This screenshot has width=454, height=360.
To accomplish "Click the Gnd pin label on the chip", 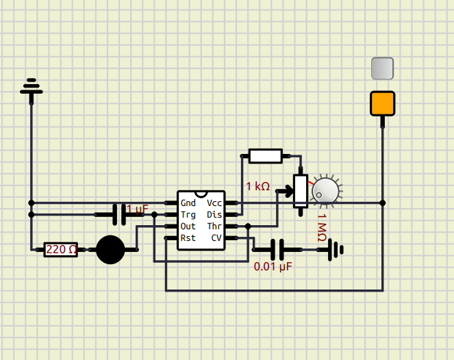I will pyautogui.click(x=188, y=203).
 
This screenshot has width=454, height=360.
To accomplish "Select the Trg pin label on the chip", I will pyautogui.click(x=188, y=215).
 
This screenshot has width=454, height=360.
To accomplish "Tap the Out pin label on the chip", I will pyautogui.click(x=188, y=227).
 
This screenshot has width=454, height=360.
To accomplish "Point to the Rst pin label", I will pyautogui.click(x=188, y=238).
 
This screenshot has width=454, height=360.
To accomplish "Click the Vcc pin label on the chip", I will pyautogui.click(x=214, y=203).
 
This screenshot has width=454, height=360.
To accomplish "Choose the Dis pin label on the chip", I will pyautogui.click(x=214, y=215).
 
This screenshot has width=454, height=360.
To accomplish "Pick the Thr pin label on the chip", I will pyautogui.click(x=214, y=227).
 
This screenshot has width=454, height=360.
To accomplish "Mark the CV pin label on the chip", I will pyautogui.click(x=216, y=238).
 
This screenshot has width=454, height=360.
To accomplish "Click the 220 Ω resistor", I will pyautogui.click(x=60, y=250).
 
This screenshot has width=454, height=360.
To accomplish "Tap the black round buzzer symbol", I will pyautogui.click(x=110, y=250).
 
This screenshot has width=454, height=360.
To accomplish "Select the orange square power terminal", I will pyautogui.click(x=382, y=103).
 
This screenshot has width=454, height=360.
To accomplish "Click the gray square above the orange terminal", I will pyautogui.click(x=382, y=68).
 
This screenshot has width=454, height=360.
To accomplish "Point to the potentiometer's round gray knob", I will pyautogui.click(x=325, y=191).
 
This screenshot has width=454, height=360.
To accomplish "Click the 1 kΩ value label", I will pyautogui.click(x=257, y=186).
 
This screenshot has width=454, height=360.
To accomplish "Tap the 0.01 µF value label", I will pyautogui.click(x=273, y=266).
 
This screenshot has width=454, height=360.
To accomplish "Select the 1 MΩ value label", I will pyautogui.click(x=321, y=227).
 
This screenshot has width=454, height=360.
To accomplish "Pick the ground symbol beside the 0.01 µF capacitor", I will pyautogui.click(x=335, y=250).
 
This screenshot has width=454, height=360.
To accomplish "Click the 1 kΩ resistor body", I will pyautogui.click(x=266, y=156).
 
